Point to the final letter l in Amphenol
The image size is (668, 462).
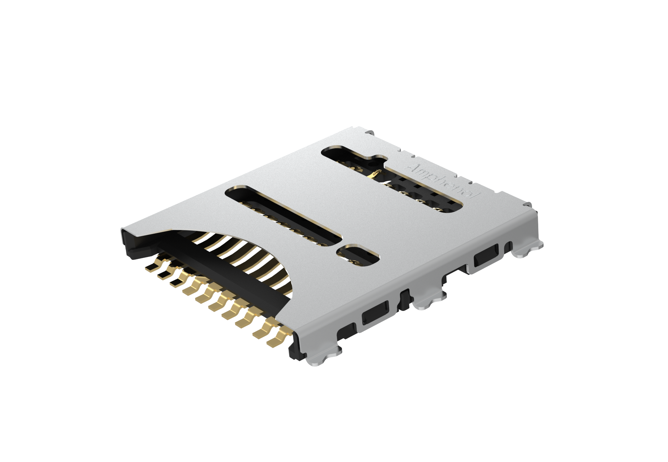475,196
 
